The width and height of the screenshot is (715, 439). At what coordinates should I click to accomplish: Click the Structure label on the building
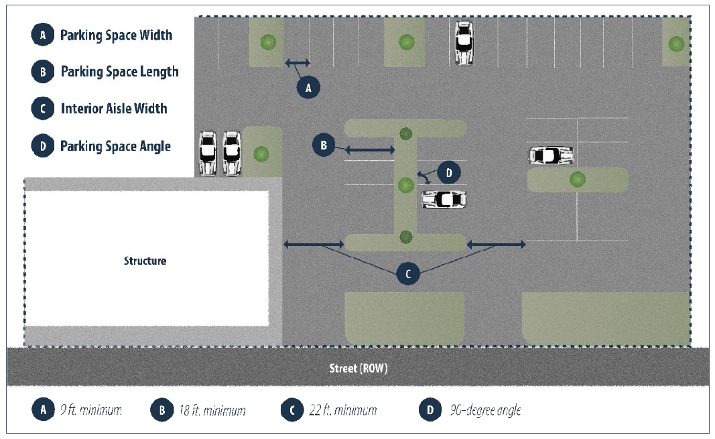(x=145, y=261)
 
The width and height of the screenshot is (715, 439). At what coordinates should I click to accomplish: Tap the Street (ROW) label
(x=358, y=369)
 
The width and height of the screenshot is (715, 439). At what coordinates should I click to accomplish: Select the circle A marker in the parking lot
(x=309, y=87)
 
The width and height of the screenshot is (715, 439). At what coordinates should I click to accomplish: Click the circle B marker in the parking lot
(x=323, y=145)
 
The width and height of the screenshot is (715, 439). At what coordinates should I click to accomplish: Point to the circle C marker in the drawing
(x=408, y=273)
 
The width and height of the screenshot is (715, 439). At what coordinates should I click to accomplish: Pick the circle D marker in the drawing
(x=449, y=172)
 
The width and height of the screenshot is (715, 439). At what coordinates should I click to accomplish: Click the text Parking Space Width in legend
(x=116, y=36)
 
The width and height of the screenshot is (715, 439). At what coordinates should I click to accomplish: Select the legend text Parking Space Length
(x=119, y=72)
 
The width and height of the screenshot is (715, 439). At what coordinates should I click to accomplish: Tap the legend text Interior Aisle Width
(x=114, y=109)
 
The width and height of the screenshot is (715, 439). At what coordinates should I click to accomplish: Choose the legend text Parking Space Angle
(x=115, y=146)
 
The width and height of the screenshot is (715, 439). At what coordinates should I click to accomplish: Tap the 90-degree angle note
(x=483, y=410)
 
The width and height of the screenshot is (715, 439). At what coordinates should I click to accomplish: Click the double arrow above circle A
(x=298, y=63)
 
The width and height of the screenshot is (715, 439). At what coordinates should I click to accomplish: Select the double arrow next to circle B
(x=369, y=149)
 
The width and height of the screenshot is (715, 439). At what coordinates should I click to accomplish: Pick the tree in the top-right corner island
(x=676, y=44)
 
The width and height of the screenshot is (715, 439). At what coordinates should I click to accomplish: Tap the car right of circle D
(x=444, y=199)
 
